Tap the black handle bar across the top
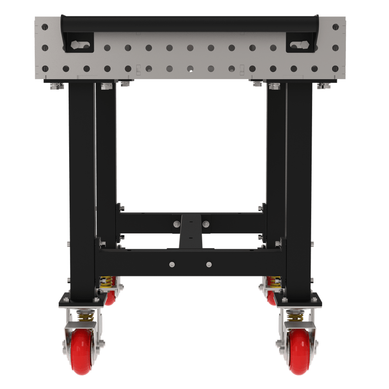coord(190,22)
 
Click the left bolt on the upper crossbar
coord(177,224)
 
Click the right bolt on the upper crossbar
coord(205,224)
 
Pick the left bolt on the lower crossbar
coord(172,264)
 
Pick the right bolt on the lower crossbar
coord(209,264)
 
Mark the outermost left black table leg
coord(82,183)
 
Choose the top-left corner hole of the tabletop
coord(45,27)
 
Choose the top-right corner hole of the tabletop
coord(335,27)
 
